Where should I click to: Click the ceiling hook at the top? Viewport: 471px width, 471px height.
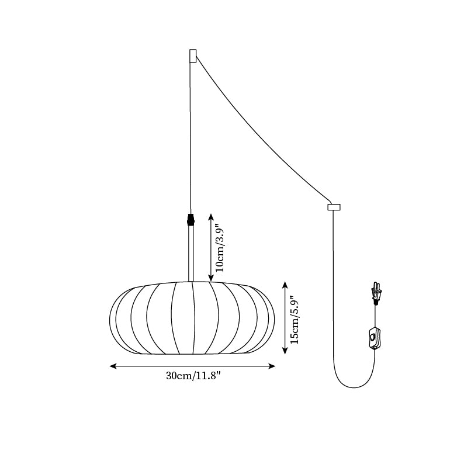[193, 56]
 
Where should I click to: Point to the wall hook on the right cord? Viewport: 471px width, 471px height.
[334, 207]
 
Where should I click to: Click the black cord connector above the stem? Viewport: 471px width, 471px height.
[191, 220]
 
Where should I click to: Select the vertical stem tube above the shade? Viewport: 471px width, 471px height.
[191, 254]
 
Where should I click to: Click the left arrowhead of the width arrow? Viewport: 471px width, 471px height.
[113, 366]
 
